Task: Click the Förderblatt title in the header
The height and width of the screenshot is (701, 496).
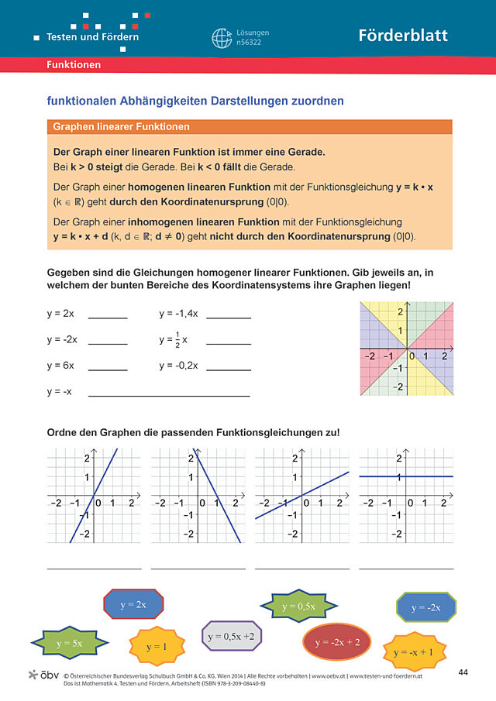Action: (x=402, y=36)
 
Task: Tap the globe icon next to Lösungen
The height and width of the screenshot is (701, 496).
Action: (x=222, y=38)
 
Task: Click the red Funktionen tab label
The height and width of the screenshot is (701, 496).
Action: (x=74, y=65)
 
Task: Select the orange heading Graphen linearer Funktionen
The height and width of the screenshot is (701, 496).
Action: (x=121, y=126)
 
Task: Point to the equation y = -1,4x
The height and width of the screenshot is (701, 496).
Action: (x=179, y=314)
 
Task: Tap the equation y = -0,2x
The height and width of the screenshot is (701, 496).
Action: (x=179, y=366)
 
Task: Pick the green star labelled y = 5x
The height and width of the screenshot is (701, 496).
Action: (x=69, y=643)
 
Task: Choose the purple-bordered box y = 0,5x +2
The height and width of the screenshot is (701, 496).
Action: (x=232, y=637)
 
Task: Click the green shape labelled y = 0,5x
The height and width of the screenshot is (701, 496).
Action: (x=298, y=606)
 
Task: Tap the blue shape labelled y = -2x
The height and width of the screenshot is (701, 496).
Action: (x=425, y=607)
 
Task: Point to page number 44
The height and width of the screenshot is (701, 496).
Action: (x=463, y=671)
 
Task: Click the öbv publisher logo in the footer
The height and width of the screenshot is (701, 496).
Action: (x=43, y=675)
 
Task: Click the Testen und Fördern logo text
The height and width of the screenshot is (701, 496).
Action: (x=92, y=36)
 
